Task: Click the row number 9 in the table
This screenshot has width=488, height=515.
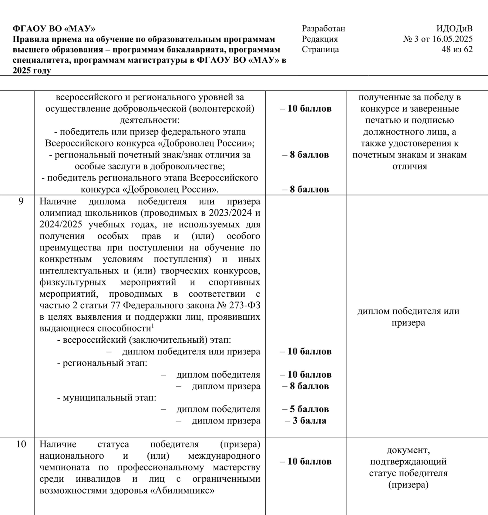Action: (x=21, y=201)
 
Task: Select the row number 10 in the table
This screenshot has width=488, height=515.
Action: (x=21, y=444)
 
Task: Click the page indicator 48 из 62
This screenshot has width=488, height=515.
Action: (x=457, y=49)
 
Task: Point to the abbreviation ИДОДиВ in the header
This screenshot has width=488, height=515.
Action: (x=454, y=29)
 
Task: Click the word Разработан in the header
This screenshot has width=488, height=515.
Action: (x=323, y=29)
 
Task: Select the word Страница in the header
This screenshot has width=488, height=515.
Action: (x=320, y=49)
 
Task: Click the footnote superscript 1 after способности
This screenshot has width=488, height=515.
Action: (x=153, y=326)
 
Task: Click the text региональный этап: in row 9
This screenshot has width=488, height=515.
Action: (x=105, y=363)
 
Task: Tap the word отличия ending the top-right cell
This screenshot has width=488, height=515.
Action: (x=410, y=166)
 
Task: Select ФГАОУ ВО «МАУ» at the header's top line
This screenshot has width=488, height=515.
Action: (x=54, y=29)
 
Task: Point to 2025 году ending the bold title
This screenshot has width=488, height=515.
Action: (x=32, y=71)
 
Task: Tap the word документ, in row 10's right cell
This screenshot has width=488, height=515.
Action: (x=408, y=450)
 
